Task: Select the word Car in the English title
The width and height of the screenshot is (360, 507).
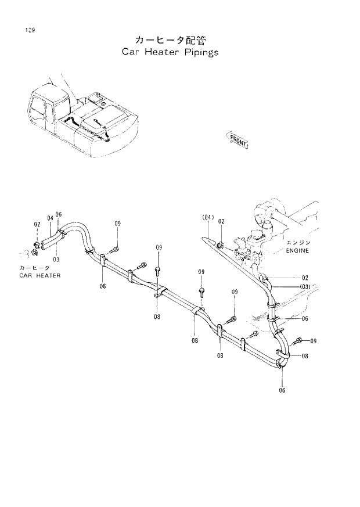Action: (x=131, y=52)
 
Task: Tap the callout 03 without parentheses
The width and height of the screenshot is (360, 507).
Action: (x=56, y=259)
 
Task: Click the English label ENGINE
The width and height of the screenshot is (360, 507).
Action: (x=297, y=251)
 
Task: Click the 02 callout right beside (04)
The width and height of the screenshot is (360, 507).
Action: (x=221, y=221)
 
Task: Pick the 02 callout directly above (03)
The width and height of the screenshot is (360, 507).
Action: (x=304, y=278)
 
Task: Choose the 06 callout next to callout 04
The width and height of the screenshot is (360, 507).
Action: (x=59, y=214)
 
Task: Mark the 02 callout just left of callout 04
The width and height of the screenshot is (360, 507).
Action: (x=37, y=224)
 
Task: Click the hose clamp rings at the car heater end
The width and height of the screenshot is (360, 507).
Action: (x=36, y=249)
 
